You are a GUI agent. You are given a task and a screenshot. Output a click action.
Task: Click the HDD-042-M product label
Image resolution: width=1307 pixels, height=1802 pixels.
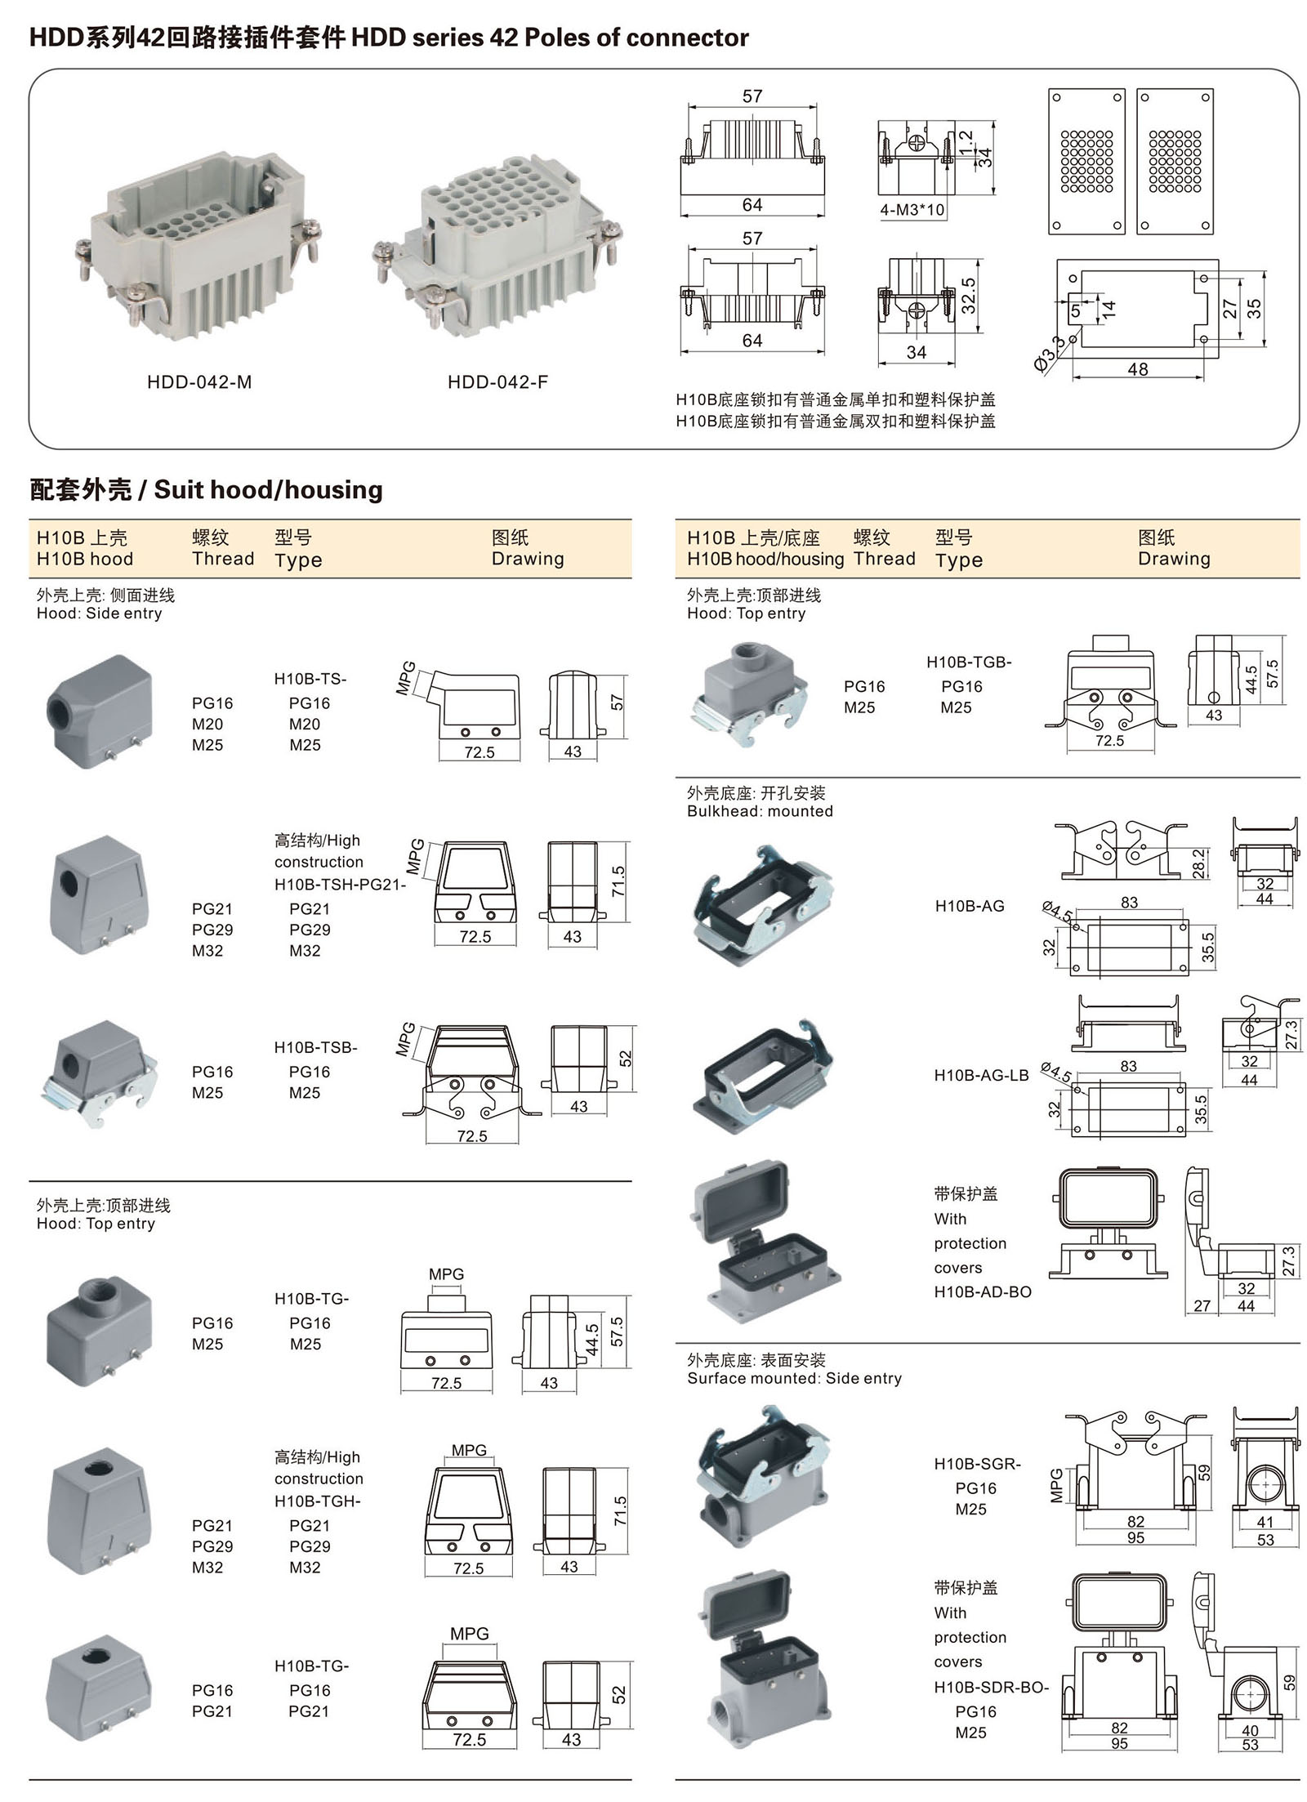[199, 382]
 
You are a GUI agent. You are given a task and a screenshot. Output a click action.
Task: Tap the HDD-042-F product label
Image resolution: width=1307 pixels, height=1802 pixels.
[497, 382]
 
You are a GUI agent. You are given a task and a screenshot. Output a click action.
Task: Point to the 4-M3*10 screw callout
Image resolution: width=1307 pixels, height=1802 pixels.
[912, 210]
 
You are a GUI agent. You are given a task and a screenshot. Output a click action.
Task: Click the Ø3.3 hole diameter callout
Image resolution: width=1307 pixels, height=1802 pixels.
[1049, 354]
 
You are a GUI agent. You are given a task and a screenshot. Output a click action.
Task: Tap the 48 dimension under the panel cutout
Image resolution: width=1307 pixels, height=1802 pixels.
[1137, 369]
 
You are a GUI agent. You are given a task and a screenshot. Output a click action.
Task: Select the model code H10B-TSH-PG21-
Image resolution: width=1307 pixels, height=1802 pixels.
[340, 884]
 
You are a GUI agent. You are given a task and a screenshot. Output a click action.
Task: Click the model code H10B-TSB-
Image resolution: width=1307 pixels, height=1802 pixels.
[315, 1047]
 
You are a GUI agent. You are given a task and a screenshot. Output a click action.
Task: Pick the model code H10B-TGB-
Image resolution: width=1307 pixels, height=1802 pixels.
[969, 662]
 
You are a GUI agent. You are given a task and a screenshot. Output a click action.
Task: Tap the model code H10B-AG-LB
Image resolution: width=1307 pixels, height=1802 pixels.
[981, 1076]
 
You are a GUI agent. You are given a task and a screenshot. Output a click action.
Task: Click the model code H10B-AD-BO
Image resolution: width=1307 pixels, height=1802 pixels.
[983, 1291]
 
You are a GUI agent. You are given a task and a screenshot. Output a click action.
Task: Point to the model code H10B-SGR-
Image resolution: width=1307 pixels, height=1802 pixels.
[977, 1464]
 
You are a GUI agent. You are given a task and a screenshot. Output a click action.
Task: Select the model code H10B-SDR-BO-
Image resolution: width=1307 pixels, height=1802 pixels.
[991, 1687]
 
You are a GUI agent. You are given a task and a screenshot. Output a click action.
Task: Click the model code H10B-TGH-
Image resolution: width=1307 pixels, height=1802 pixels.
[317, 1501]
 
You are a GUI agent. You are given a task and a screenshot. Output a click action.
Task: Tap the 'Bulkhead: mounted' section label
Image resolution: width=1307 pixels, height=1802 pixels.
[760, 811]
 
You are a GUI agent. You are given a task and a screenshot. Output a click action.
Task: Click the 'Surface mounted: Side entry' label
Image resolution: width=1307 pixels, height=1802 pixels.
[794, 1378]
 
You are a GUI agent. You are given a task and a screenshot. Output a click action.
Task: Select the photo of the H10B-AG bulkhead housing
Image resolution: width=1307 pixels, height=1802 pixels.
[763, 906]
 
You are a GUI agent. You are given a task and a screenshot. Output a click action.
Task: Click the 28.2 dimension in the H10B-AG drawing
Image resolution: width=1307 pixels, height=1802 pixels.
[1198, 863]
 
